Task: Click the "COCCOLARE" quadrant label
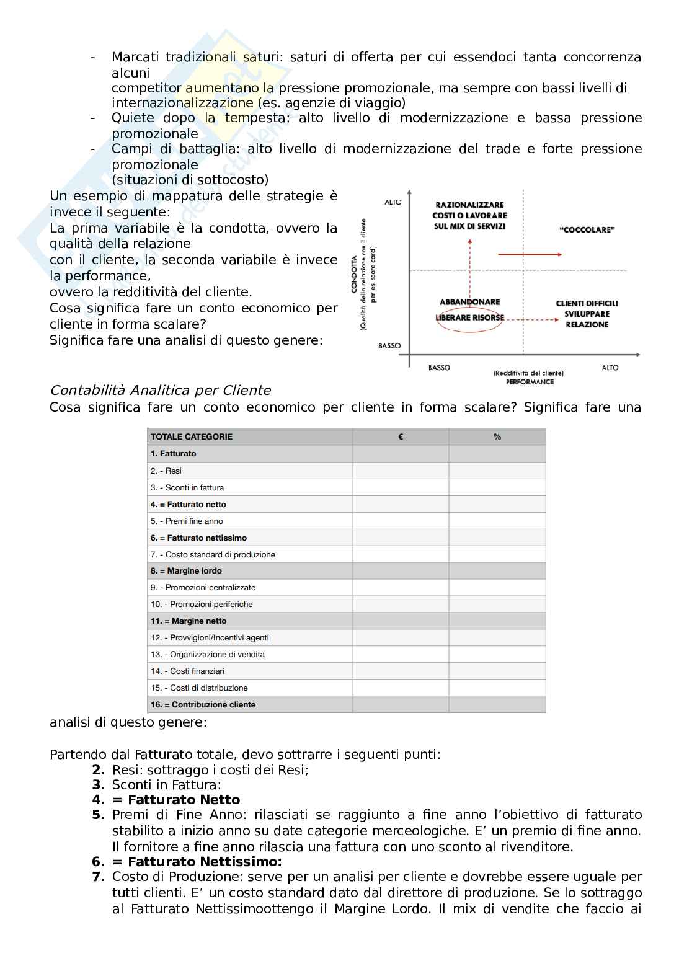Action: [587, 230]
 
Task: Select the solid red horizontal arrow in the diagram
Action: [530, 254]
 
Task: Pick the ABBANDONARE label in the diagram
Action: [469, 302]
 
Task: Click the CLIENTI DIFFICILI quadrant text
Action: [587, 303]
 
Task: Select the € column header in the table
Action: [401, 436]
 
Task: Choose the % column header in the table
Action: [497, 436]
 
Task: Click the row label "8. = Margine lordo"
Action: [186, 570]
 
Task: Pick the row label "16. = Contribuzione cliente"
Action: [203, 704]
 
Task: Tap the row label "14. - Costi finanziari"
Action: [187, 671]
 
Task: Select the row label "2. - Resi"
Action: [166, 471]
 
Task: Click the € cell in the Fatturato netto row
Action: [401, 504]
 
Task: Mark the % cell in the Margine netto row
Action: [497, 621]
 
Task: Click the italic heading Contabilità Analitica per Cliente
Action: [160, 390]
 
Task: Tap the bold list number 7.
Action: [98, 877]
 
